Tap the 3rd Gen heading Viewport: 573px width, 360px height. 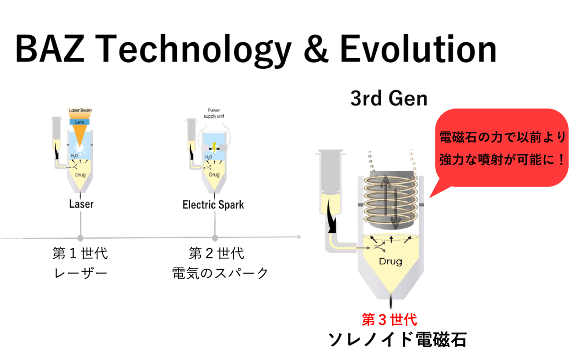pos(389,99)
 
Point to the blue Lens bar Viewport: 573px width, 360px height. pos(79,122)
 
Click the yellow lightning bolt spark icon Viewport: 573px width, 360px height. pos(214,147)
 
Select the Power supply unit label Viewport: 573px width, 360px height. pos(213,113)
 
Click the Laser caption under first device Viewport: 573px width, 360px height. pos(81,204)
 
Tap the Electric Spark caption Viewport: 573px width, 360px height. pos(213,205)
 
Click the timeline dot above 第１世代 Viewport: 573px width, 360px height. pos(80,238)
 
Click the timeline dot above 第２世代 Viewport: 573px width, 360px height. pos(215,238)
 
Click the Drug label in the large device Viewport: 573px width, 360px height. pos(390,261)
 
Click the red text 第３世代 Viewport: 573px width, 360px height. pos(389,319)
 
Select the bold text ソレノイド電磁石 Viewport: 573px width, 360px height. pos(397,340)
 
